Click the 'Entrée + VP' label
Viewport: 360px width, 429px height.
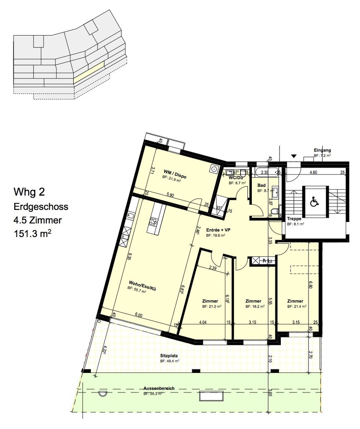(218, 230)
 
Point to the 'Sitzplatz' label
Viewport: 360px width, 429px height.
(169, 355)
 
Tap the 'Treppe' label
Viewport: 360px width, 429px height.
(294, 219)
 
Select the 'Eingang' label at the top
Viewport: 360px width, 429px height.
(322, 150)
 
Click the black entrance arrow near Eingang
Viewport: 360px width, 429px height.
(294, 157)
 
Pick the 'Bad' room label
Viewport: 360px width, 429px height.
(262, 185)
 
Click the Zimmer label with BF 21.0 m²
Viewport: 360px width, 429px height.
(210, 301)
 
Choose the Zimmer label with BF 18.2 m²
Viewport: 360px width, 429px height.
(254, 301)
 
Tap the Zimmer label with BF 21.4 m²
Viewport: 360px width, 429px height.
(295, 301)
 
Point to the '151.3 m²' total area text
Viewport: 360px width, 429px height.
(35, 233)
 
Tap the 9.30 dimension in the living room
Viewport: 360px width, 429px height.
(130, 258)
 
